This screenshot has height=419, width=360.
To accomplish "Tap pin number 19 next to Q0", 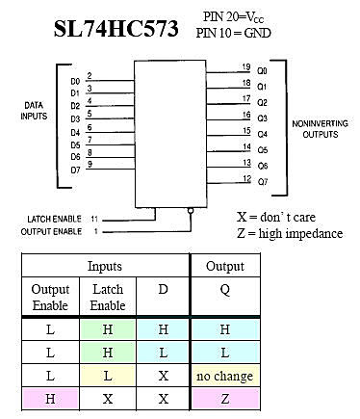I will (246, 67).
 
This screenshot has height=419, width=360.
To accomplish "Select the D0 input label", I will (76, 81).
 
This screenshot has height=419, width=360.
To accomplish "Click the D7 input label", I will (76, 170).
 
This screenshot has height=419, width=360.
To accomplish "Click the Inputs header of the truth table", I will (105, 266).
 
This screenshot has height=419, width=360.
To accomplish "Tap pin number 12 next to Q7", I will (246, 178).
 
